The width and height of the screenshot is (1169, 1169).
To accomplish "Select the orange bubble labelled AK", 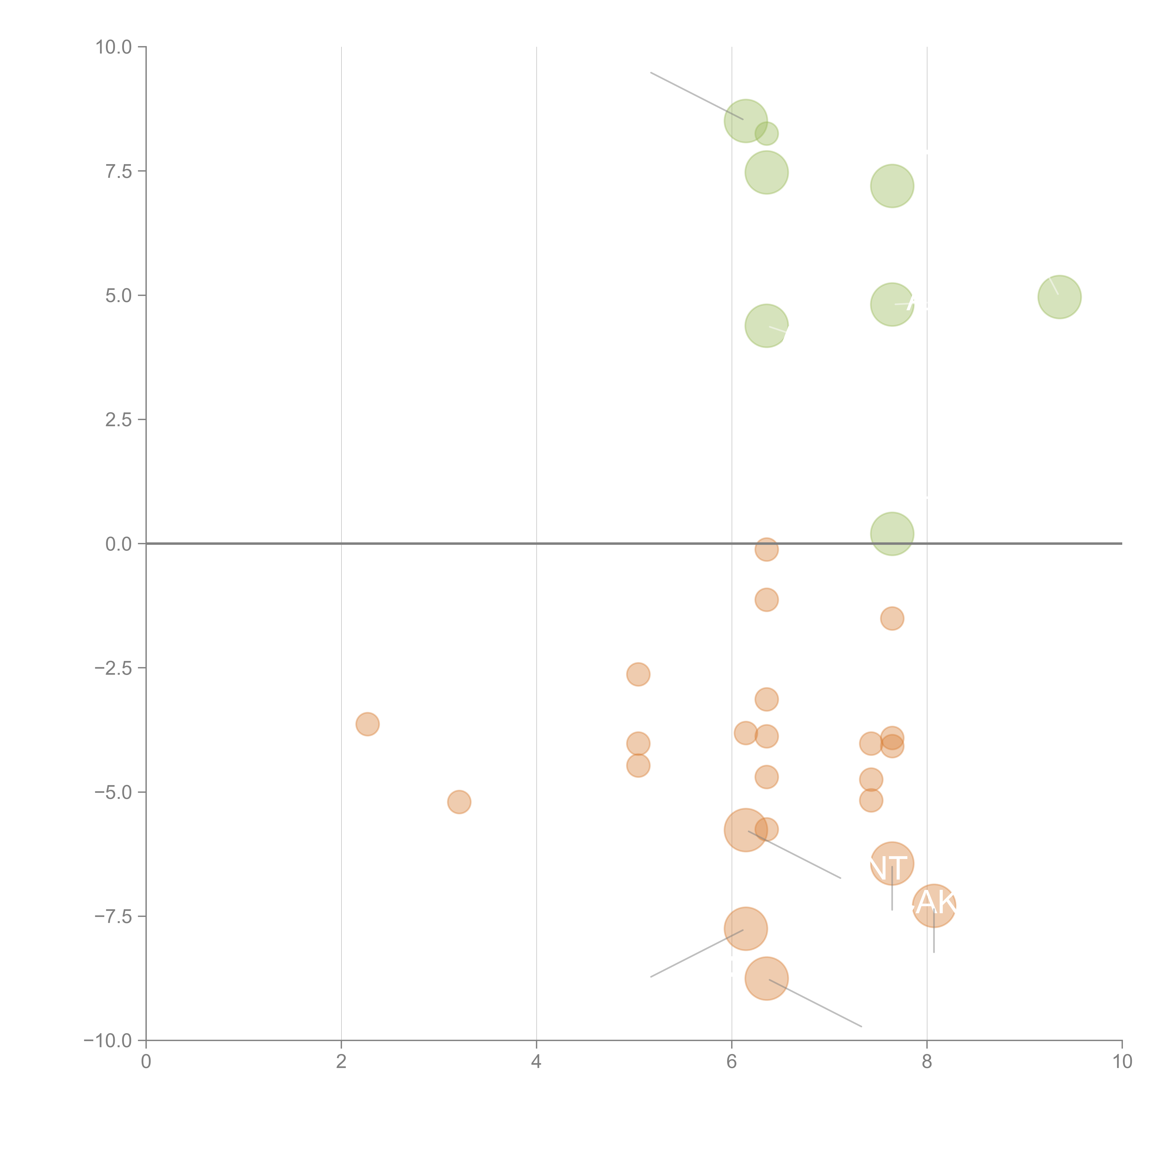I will click(934, 905).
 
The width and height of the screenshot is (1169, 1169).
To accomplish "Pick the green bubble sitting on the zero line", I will click(892, 534).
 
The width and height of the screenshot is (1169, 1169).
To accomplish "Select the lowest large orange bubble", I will click(767, 978).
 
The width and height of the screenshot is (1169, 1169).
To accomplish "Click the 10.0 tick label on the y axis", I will click(114, 47).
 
